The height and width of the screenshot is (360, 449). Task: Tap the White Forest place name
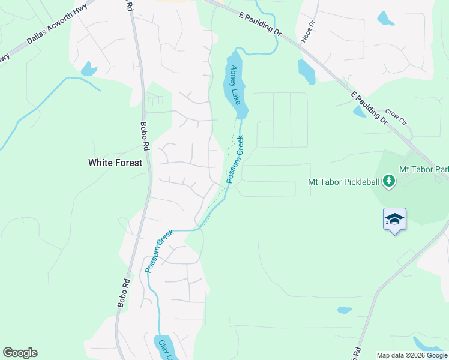coord(115,163)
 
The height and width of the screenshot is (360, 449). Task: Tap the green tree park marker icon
coord(389,181)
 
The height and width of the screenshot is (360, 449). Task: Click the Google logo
coord(20,353)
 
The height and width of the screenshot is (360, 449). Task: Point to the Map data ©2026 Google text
coord(412,355)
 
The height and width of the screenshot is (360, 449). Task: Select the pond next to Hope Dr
coord(306,71)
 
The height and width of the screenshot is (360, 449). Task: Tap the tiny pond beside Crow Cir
coord(359,112)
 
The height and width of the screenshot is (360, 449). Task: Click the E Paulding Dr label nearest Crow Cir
coord(367,107)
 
